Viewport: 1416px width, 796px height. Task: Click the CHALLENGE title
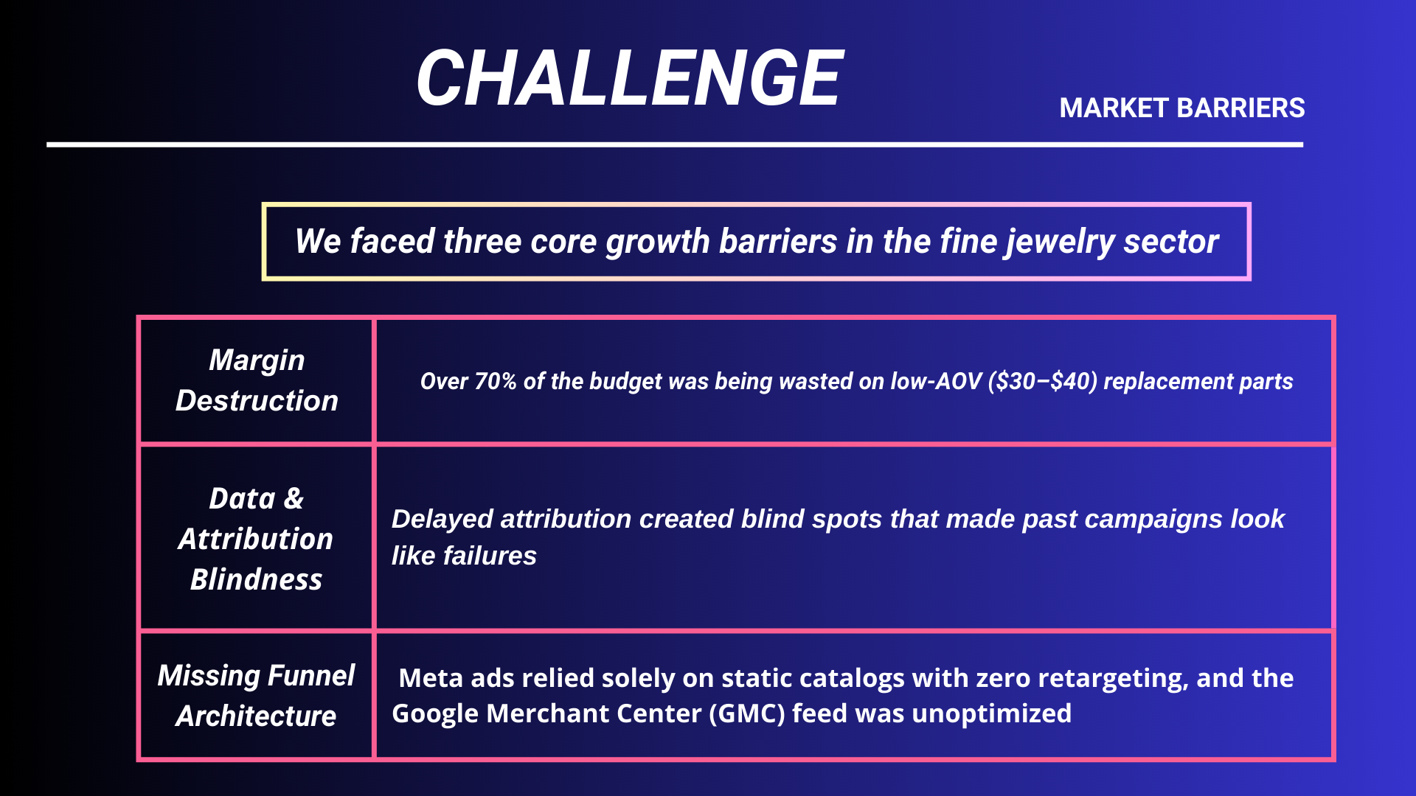[x=630, y=77]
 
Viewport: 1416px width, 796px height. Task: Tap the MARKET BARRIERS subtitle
[x=1182, y=108]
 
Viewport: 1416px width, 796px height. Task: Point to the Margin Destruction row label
[x=257, y=380]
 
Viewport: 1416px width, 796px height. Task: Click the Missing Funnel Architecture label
[x=256, y=695]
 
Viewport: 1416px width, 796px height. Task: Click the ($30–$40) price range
[x=1042, y=381]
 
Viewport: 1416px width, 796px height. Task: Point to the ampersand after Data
[x=294, y=499]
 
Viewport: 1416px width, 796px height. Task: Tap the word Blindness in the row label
[x=256, y=579]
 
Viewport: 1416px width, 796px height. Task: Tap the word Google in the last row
[x=435, y=713]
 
